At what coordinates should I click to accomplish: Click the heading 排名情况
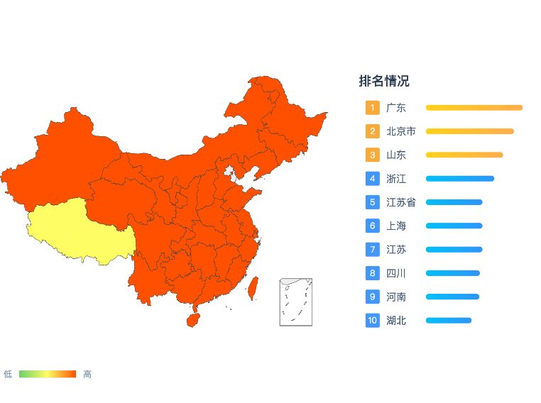[384, 82]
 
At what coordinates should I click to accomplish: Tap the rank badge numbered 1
[372, 108]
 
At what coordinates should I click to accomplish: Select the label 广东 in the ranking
[396, 108]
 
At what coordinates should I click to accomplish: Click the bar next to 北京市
[469, 131]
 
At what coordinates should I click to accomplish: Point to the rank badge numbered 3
[372, 155]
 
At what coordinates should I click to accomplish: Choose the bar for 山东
[464, 155]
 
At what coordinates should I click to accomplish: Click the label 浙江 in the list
[396, 179]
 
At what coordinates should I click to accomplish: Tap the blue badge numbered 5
[372, 202]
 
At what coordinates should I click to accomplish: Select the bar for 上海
[454, 226]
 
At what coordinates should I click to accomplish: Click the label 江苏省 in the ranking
[401, 202]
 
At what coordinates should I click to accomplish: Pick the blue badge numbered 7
[372, 250]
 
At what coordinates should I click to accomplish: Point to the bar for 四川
[452, 273]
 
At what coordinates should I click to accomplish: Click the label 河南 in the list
[396, 297]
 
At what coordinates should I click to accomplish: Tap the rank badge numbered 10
[372, 321]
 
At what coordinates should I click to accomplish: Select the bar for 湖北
[448, 321]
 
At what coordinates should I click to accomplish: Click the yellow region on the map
[78, 231]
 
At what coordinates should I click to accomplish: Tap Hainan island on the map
[192, 320]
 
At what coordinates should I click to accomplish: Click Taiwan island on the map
[251, 286]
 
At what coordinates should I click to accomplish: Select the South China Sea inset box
[295, 302]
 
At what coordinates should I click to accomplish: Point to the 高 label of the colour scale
[87, 374]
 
